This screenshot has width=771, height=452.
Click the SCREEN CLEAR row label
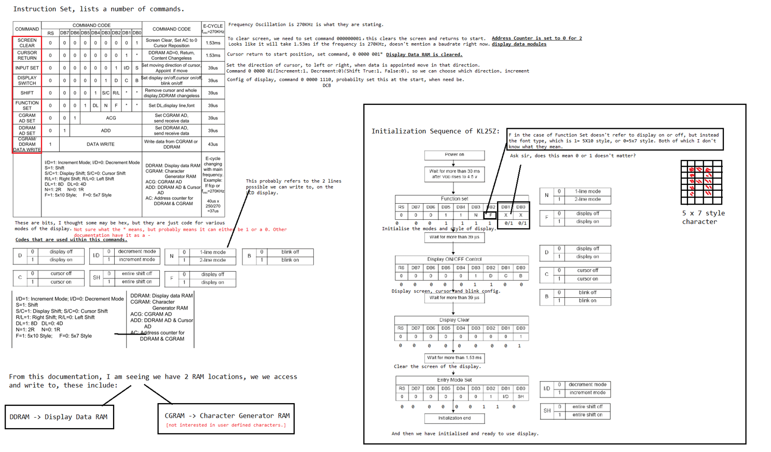(27, 43)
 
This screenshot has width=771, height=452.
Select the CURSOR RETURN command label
(27, 55)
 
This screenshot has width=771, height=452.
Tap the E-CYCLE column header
(213, 29)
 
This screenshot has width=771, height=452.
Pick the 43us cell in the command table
(213, 144)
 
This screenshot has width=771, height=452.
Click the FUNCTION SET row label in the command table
(27, 105)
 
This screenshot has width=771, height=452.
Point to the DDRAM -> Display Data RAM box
(59, 417)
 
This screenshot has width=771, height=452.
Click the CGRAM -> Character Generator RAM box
(226, 419)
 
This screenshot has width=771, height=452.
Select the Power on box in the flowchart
(454, 155)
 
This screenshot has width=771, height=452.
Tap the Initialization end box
(454, 418)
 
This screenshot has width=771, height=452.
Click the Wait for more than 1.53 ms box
(454, 357)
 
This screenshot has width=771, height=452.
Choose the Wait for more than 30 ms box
(454, 174)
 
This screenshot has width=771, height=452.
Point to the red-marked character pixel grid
(701, 182)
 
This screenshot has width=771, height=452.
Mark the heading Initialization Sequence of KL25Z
(435, 131)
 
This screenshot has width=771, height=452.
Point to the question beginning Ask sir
(572, 156)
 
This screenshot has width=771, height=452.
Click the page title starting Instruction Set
(99, 9)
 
